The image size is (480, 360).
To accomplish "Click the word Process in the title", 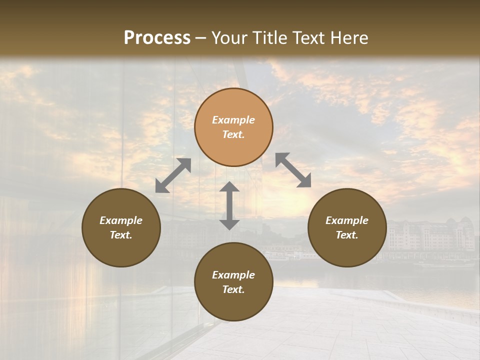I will (157, 38).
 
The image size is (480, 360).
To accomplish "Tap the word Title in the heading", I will (270, 38).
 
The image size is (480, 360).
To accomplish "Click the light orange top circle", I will (233, 127).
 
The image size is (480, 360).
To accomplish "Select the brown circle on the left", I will (121, 227).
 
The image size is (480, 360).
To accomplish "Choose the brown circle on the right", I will (347, 227).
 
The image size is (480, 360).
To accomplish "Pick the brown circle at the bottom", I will (233, 282).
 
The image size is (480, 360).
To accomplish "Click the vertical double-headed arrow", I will (229, 205).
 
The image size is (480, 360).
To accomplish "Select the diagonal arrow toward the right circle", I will (293, 170).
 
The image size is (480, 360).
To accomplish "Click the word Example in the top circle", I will (233, 120).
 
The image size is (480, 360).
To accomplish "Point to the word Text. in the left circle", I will (121, 235).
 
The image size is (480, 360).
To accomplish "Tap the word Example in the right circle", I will (347, 220).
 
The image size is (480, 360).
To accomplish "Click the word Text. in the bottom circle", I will (233, 289).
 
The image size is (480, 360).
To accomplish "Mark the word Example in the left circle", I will (121, 220).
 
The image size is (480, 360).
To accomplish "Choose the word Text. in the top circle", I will (233, 134).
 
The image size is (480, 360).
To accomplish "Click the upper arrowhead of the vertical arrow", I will (229, 187).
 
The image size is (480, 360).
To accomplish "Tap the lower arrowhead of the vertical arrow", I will (229, 224).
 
